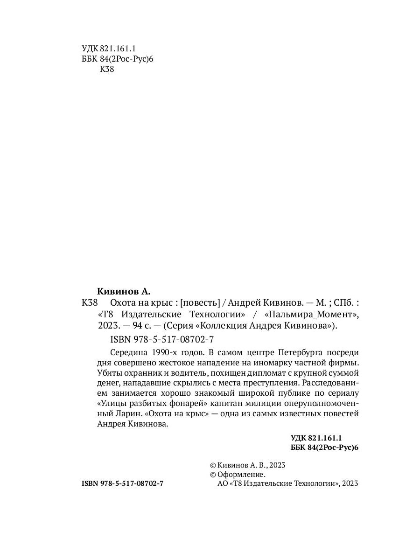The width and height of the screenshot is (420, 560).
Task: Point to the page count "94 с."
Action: click(141, 326)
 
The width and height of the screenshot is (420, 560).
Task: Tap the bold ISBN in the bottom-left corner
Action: click(122, 484)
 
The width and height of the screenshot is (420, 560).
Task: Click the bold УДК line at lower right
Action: click(316, 438)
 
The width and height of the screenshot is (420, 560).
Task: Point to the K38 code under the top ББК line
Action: click(107, 70)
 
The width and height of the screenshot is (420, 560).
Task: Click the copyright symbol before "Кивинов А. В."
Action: click(213, 465)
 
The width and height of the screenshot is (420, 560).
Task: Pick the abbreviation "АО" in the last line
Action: click(223, 484)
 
